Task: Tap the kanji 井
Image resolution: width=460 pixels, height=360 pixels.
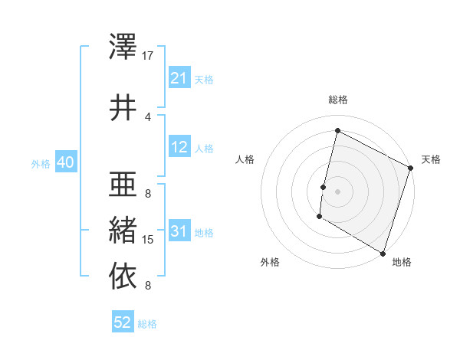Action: tap(123, 108)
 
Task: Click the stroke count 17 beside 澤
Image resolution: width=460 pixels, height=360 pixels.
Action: tap(148, 56)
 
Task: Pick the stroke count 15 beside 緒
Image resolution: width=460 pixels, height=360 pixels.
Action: tap(148, 240)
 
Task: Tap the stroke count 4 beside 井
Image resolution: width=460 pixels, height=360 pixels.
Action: tap(147, 117)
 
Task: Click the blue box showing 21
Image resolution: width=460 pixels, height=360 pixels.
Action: tap(179, 78)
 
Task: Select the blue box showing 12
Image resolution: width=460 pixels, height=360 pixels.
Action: tap(179, 147)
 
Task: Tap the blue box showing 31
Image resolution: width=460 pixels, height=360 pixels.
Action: tap(179, 231)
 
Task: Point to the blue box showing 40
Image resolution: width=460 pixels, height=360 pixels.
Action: tap(64, 162)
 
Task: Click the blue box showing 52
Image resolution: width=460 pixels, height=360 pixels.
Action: tap(123, 323)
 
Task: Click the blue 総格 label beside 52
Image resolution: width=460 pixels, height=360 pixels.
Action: tap(147, 324)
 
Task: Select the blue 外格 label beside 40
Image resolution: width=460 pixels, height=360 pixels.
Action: tap(41, 163)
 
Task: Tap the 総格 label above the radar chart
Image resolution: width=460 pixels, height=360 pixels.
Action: tap(337, 100)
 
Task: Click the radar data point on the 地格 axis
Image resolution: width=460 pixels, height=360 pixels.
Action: tap(382, 252)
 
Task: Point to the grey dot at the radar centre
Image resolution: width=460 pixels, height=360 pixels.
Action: tap(337, 191)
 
